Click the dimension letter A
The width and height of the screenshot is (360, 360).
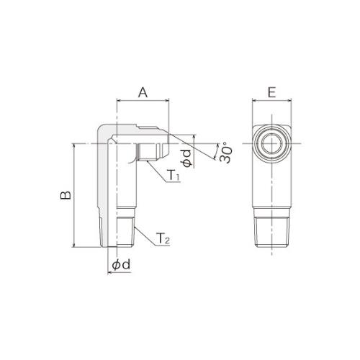tap(143, 92)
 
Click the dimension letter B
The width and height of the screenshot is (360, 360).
tap(66, 195)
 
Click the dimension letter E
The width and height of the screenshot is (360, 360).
tap(271, 92)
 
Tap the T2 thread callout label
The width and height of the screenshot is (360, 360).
tap(163, 238)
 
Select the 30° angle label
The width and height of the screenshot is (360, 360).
tap(226, 153)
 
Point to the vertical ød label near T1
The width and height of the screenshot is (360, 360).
tap(186, 158)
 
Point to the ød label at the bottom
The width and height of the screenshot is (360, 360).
tap(121, 265)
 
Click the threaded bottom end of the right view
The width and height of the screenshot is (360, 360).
tap(271, 232)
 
